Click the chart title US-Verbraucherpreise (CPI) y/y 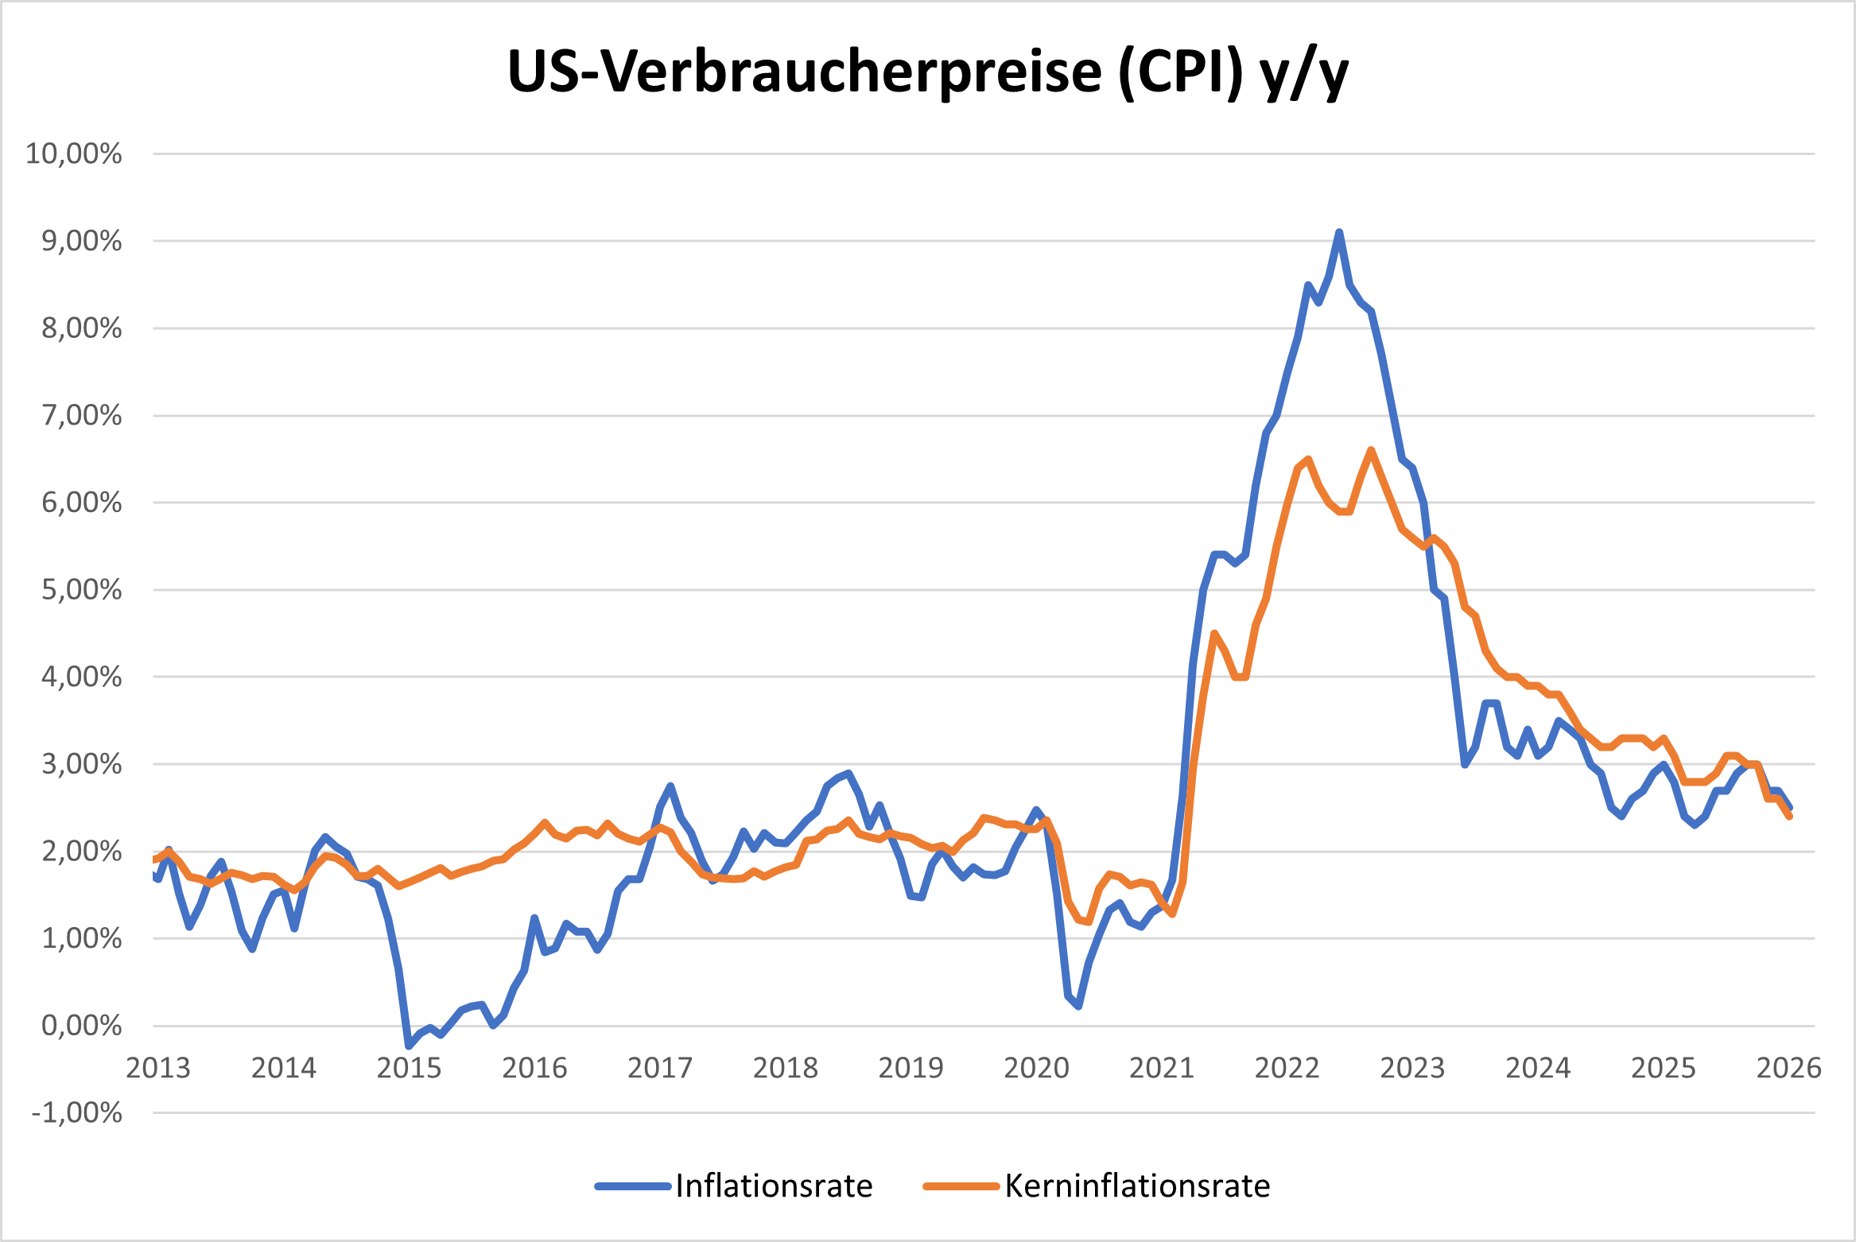pos(928,73)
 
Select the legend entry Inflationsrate pos(773,1186)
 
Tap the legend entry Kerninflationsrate pos(1136,1186)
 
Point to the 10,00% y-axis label pos(74,153)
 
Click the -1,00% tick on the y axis pos(76,1112)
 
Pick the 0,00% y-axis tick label pos(81,1026)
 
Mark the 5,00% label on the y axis pos(81,590)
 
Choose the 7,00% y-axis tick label pos(81,415)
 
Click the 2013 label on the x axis pos(158,1068)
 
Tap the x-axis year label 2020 pos(1036,1068)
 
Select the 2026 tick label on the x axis pos(1788,1068)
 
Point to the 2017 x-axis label pos(660,1068)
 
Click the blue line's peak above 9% pos(1339,232)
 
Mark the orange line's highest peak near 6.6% pos(1371,451)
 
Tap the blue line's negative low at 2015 pos(409,1045)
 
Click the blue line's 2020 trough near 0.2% pos(1078,1007)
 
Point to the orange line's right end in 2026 pos(1789,816)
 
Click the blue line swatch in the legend pos(633,1186)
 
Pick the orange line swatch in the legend pos(961,1186)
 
